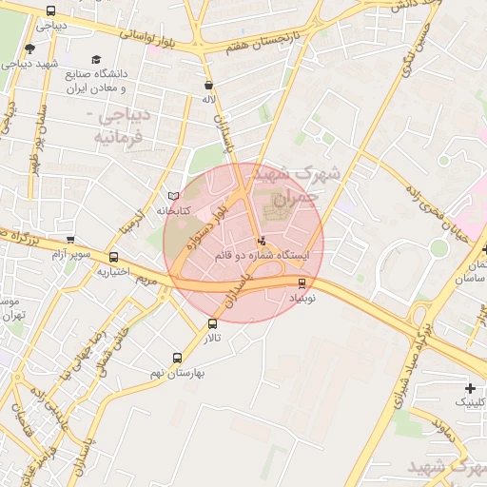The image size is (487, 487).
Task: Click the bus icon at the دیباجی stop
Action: coord(50,11)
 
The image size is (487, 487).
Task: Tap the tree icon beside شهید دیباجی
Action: coord(29,49)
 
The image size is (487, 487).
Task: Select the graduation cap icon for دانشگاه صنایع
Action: coord(96,59)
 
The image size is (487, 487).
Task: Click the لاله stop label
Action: coord(208,98)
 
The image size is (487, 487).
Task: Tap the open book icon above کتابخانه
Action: coord(173,196)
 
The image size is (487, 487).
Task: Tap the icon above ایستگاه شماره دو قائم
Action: coord(262,240)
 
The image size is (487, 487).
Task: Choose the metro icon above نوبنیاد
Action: coord(302,282)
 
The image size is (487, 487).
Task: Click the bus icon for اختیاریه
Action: coord(114,257)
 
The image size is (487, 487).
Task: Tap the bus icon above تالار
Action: coord(212,323)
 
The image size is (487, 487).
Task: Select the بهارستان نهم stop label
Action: coord(178,373)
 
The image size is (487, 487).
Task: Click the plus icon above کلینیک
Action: coord(470,388)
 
